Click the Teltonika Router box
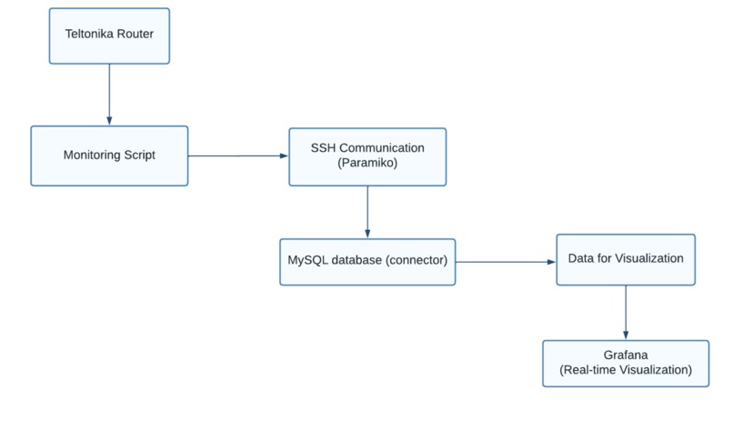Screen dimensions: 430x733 109,36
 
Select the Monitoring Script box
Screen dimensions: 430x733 109,155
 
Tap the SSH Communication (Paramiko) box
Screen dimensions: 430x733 367,155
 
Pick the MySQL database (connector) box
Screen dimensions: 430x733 367,261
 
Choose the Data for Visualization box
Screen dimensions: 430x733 625,259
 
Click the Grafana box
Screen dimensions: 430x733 625,364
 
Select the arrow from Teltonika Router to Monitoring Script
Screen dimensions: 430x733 109,95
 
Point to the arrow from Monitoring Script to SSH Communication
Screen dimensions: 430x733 237,155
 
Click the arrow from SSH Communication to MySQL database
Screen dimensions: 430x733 367,211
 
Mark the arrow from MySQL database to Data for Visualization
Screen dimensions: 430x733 506,261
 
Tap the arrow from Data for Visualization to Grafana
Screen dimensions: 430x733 625,313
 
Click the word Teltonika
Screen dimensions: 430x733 89,36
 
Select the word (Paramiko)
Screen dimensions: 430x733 367,163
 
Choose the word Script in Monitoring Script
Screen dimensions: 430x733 139,155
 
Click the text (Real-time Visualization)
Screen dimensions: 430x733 625,371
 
